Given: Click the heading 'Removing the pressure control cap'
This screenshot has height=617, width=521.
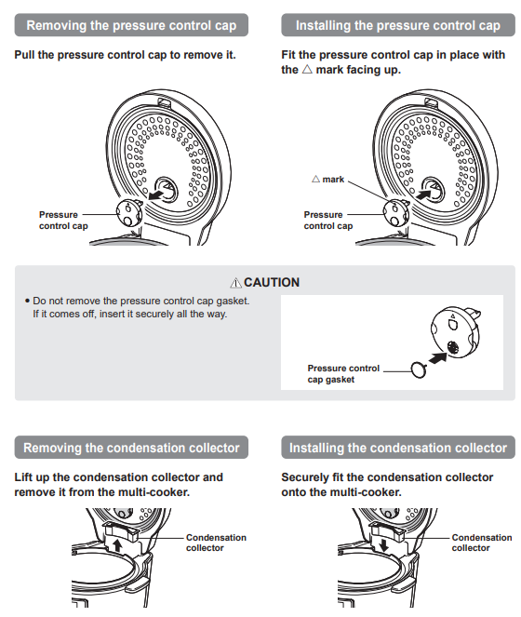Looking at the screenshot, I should click(131, 25).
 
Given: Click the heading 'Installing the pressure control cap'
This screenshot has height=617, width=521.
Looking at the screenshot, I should click(397, 25).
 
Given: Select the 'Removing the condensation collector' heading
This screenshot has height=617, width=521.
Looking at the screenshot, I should click(131, 448).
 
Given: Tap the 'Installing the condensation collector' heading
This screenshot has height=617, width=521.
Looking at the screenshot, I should click(397, 448).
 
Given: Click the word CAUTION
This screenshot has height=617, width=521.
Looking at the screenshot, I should click(272, 282).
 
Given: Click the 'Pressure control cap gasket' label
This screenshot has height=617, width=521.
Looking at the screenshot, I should click(343, 373).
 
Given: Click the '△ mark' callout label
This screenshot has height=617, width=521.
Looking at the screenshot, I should click(327, 179).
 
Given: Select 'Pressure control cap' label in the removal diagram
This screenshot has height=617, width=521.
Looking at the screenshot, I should click(63, 220).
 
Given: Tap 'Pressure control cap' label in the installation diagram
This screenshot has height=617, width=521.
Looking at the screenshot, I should click(328, 220).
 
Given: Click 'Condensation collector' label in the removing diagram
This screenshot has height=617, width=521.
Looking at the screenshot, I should click(216, 543).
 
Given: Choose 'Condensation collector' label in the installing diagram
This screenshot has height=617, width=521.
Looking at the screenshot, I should click(481, 543).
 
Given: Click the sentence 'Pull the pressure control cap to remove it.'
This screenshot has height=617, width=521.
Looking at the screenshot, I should click(125, 55).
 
